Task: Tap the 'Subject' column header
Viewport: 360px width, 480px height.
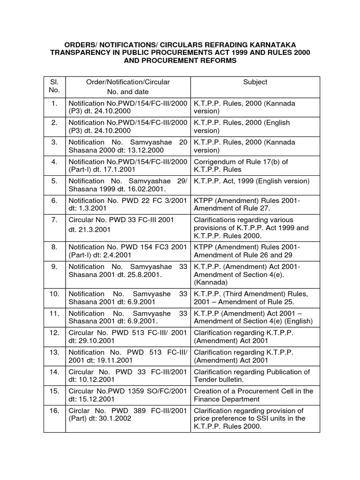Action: (x=255, y=82)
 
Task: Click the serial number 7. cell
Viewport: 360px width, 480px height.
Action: (x=55, y=220)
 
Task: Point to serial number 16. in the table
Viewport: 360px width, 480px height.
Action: (x=55, y=411)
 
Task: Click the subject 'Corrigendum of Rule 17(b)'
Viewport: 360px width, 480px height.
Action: (x=241, y=162)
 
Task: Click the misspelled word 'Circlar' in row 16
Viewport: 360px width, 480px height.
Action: (x=80, y=411)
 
